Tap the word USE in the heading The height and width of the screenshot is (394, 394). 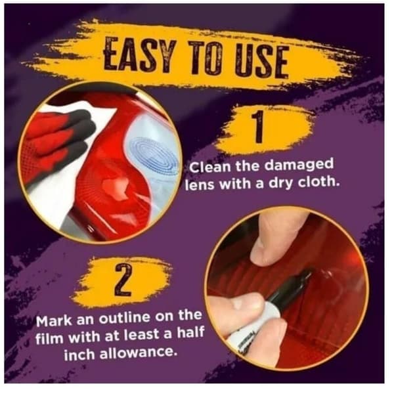click(262, 61)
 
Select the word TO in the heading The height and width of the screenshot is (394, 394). click(206, 59)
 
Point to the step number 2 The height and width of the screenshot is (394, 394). click(123, 280)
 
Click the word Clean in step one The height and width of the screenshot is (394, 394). click(209, 167)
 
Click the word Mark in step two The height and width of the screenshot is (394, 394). click(54, 322)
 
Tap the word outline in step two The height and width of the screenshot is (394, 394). click(125, 318)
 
